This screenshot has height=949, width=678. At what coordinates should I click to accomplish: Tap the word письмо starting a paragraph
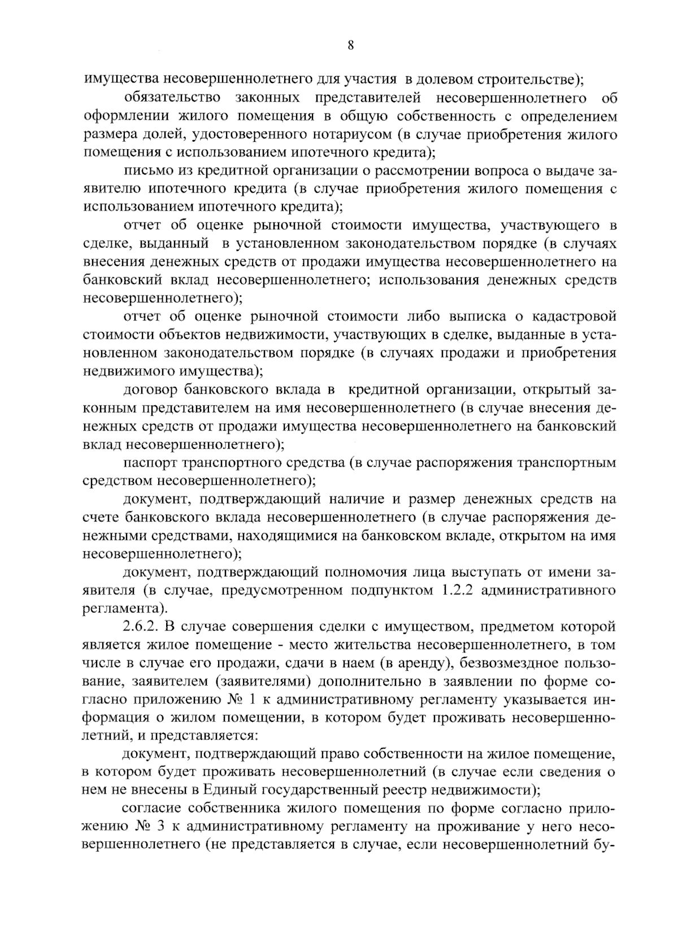146,171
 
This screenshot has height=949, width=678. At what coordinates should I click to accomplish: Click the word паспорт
150,463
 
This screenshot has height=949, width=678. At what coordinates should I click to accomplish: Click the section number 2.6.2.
144,628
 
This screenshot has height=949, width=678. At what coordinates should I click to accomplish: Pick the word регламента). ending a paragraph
125,609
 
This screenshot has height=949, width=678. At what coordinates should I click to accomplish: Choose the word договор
149,390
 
